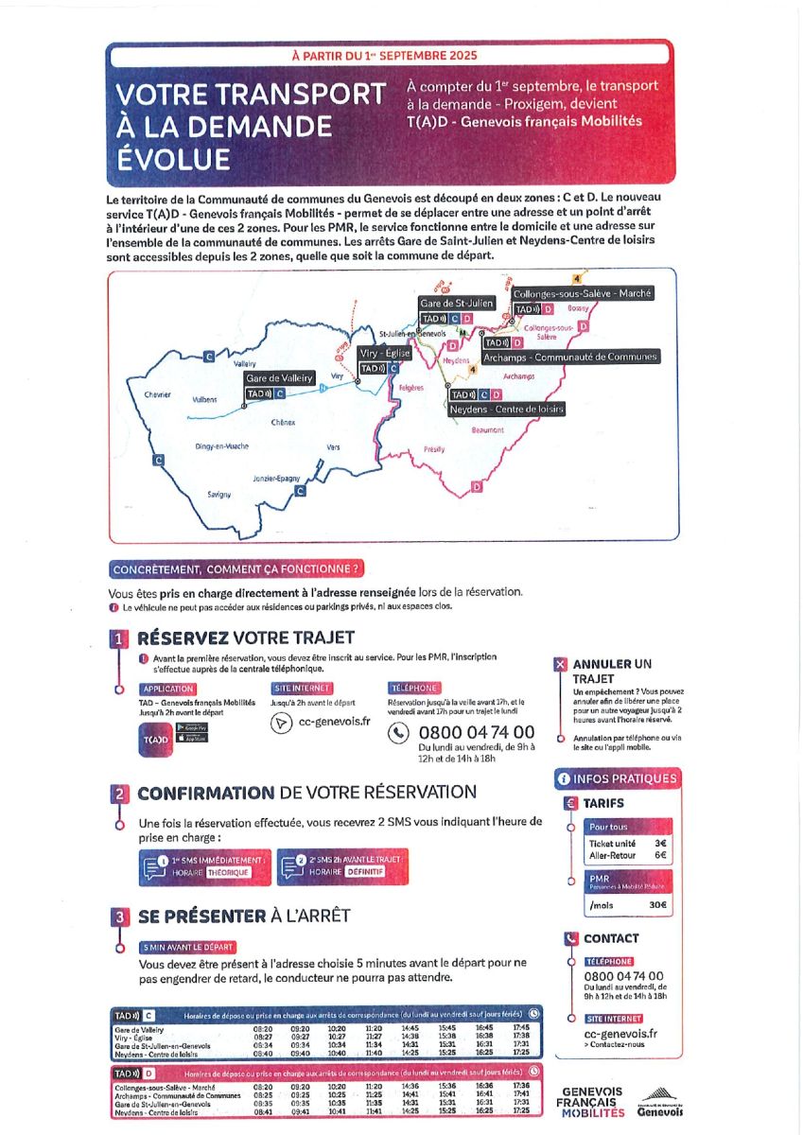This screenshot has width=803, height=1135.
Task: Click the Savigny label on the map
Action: point(218,495)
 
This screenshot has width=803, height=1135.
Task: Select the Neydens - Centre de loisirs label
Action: point(506,409)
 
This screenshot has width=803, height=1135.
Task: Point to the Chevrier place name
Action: point(156,394)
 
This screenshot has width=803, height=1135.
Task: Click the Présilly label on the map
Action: point(434,449)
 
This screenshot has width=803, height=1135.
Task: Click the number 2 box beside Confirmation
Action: point(119,794)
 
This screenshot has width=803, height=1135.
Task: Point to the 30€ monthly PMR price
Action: point(657,905)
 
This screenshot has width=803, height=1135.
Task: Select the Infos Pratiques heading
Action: point(618,778)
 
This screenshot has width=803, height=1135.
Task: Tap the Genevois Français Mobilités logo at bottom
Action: point(592,1103)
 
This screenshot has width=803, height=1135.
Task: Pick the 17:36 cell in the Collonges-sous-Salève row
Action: point(520,1086)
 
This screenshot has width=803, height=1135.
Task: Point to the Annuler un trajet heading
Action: point(612,671)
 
